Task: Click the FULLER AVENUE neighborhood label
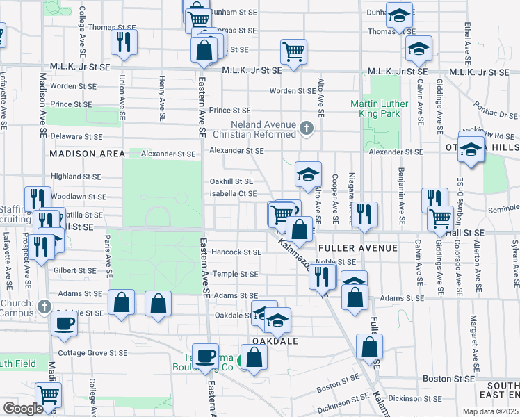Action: point(357,247)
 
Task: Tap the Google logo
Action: point(23,409)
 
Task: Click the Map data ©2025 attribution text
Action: point(491,411)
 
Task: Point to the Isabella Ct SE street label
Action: point(234,193)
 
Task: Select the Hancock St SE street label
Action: point(237,252)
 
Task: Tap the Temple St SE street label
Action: point(235,274)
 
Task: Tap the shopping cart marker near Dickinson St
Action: point(49,395)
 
